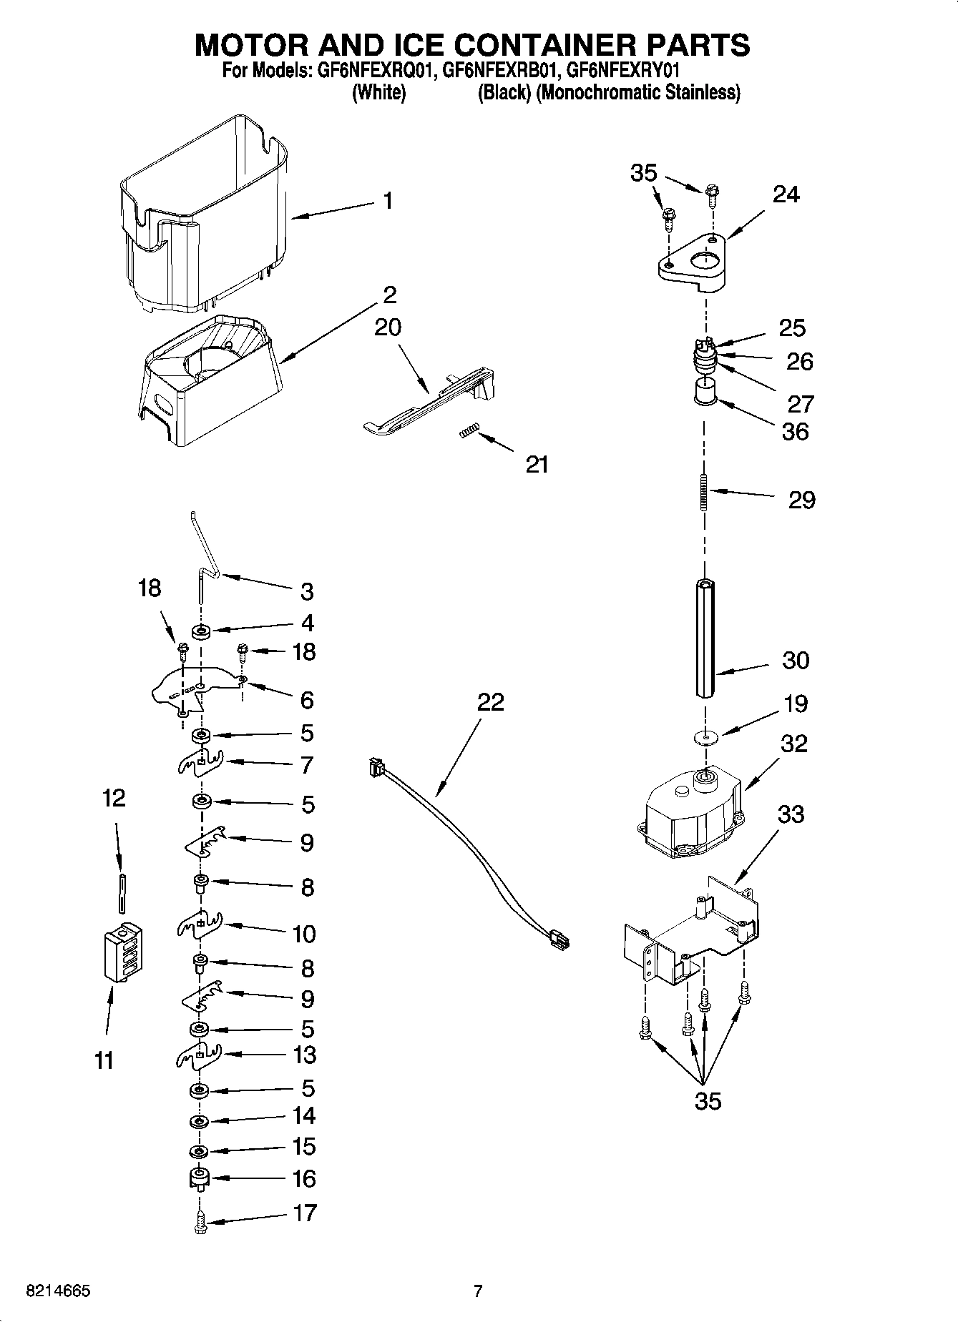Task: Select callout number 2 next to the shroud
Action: tap(390, 295)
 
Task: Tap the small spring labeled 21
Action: tap(468, 431)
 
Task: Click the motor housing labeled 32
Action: tap(690, 815)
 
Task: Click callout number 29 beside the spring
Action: tap(801, 500)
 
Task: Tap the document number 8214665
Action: tap(57, 1291)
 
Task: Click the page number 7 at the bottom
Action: tap(478, 1291)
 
